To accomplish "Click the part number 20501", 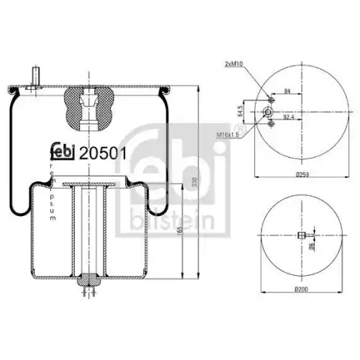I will point(102,153).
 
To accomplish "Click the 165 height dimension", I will point(179,232).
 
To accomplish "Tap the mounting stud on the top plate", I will point(33,76).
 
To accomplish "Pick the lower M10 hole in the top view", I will point(269,125).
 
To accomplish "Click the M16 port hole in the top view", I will point(267,112).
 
